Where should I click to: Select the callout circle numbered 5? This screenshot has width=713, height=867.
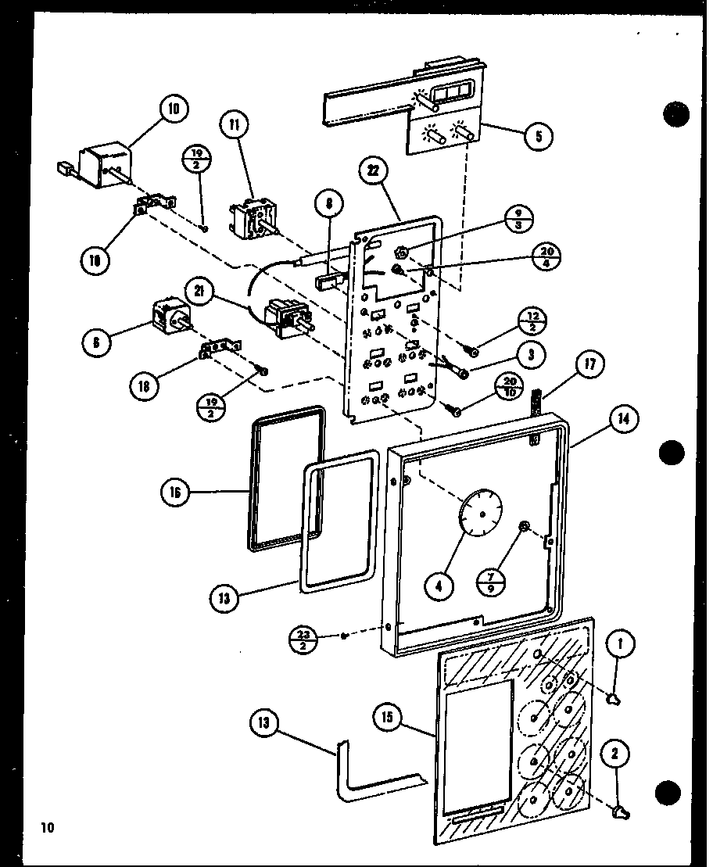pyautogui.click(x=538, y=136)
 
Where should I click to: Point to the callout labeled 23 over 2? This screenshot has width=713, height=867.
pyautogui.click(x=306, y=638)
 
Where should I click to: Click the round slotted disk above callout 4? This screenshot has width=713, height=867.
pyautogui.click(x=479, y=513)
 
